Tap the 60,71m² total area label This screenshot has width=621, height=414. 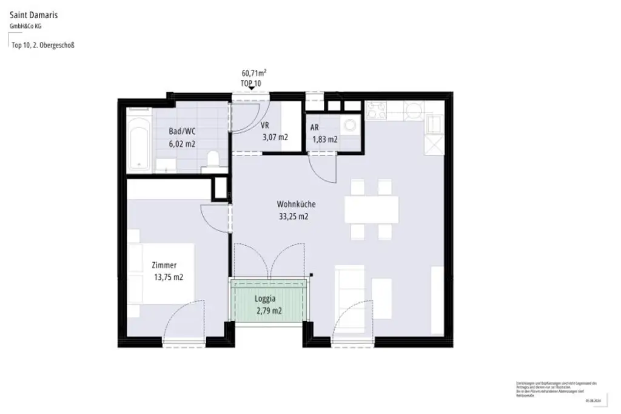(254, 73)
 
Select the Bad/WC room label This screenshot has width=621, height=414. (182, 131)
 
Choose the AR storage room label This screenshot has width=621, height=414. (314, 128)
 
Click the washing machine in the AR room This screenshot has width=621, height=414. (350, 126)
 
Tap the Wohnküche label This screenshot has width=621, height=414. (296, 205)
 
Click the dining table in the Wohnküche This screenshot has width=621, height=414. (372, 209)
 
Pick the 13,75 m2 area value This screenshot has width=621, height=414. (169, 277)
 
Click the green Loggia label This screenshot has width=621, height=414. (264, 299)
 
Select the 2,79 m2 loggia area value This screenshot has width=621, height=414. (269, 311)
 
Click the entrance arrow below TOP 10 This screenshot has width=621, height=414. (250, 89)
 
